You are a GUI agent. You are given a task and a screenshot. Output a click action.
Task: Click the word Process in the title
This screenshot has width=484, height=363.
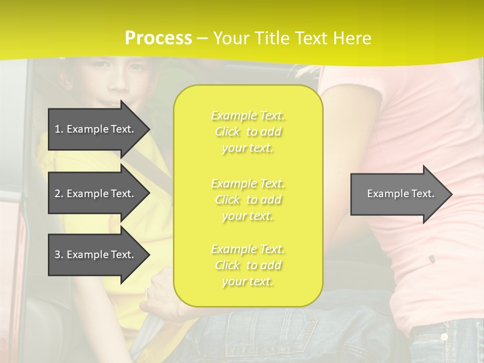pyautogui.click(x=158, y=38)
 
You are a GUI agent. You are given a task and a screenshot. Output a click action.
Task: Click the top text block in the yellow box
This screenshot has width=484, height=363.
pyautogui.click(x=248, y=132)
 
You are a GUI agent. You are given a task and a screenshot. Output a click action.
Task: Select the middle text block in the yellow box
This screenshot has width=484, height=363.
pyautogui.click(x=248, y=200)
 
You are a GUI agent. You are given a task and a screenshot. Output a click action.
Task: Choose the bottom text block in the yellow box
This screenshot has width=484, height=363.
pyautogui.click(x=248, y=265)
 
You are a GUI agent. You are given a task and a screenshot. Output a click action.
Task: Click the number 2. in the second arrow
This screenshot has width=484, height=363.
pyautogui.click(x=59, y=194)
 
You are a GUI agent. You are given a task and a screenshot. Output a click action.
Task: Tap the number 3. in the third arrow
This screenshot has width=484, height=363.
pyautogui.click(x=59, y=255)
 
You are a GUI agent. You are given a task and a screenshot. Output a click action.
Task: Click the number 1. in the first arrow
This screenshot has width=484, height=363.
pyautogui.click(x=59, y=129)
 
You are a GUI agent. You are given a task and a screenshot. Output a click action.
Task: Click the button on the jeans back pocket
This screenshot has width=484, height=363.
pyautogui.click(x=444, y=336)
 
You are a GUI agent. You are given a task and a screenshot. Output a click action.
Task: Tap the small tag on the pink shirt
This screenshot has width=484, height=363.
pyautogui.click(x=432, y=259)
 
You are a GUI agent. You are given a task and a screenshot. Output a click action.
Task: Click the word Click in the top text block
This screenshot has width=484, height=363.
pyautogui.click(x=227, y=132)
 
